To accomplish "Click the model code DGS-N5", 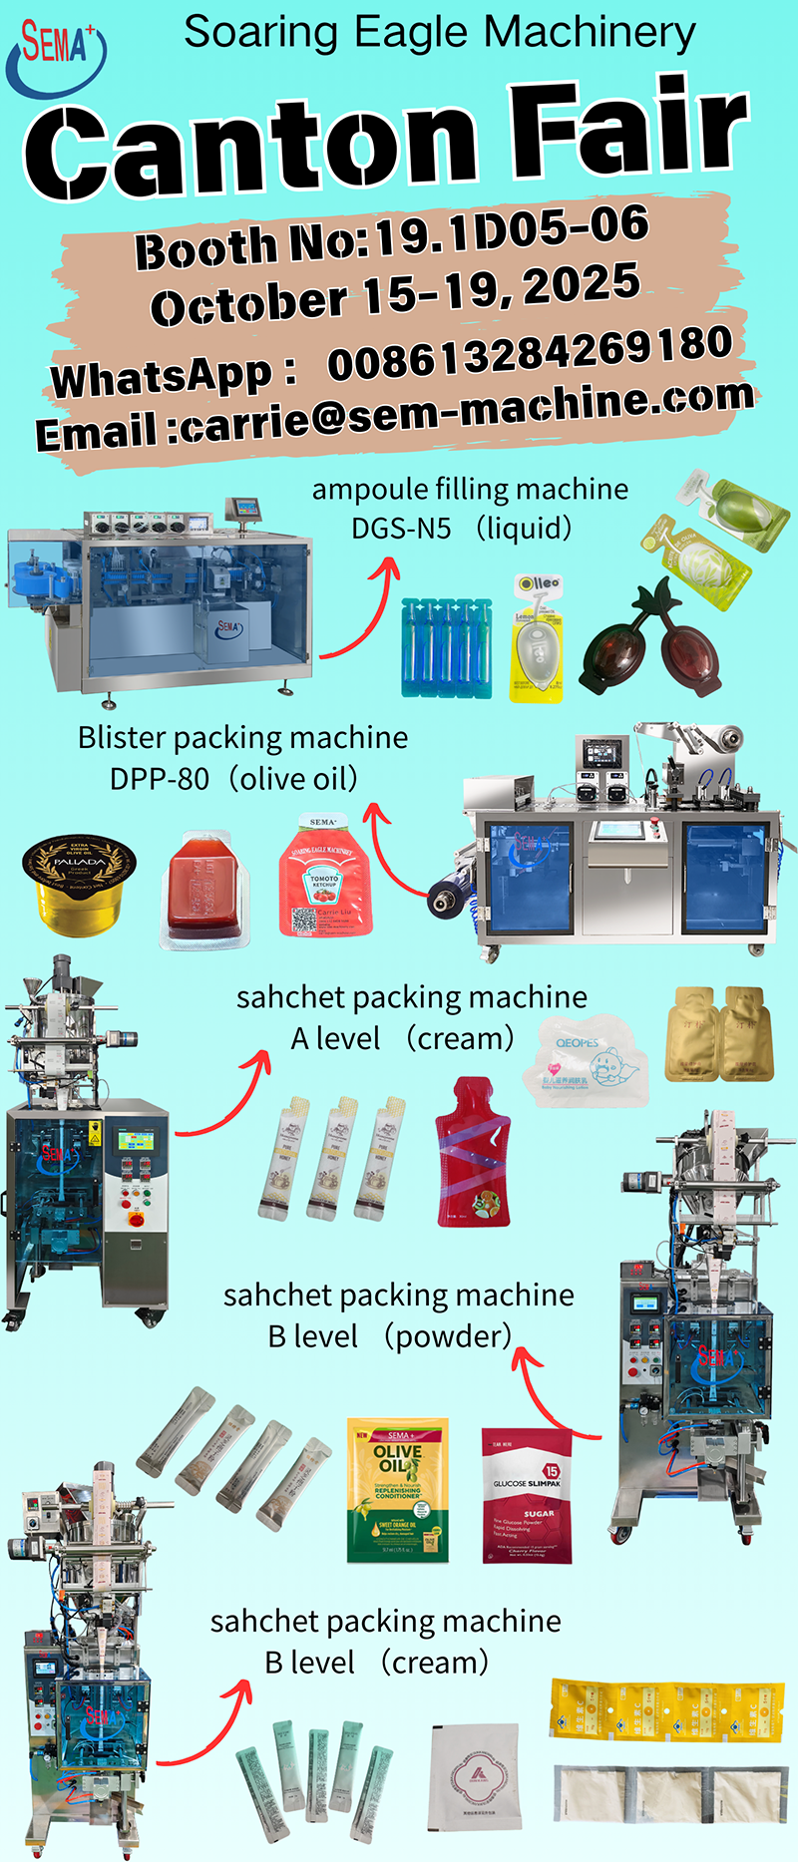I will tap(401, 528).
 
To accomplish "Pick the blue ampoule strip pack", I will tap(446, 647).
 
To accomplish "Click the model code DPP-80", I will tap(160, 779).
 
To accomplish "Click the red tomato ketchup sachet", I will tap(325, 878).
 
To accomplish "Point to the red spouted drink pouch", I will tap(473, 1154).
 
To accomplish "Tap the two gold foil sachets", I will tap(719, 1033).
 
